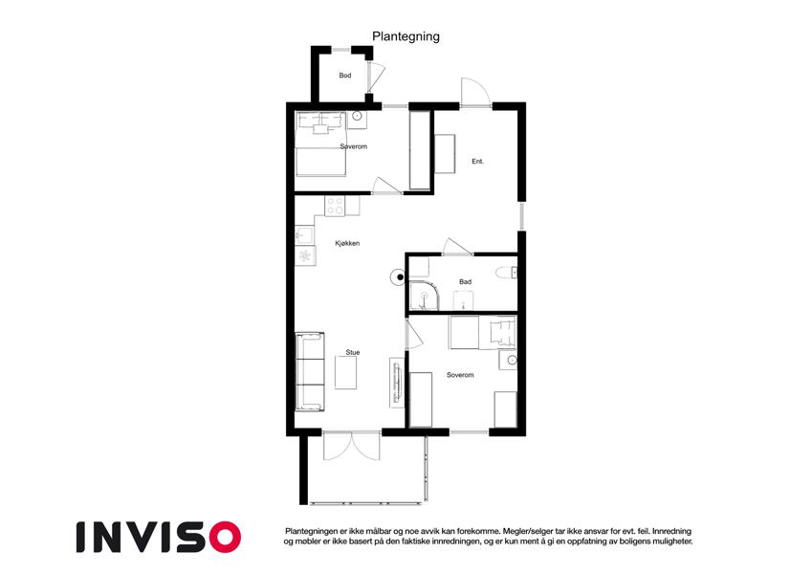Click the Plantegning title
click(406, 36)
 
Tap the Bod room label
click(345, 76)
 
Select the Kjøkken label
click(347, 243)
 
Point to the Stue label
click(353, 352)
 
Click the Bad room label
click(465, 282)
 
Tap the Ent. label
click(477, 162)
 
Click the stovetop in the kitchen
click(335, 206)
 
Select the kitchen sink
click(304, 235)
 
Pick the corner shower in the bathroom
click(424, 297)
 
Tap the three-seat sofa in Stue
click(310, 372)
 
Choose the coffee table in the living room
click(345, 373)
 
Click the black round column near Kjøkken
click(400, 277)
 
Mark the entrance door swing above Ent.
click(475, 93)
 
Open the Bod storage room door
click(376, 79)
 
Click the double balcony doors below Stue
click(352, 446)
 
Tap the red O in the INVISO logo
click(226, 537)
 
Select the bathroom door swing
click(457, 247)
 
